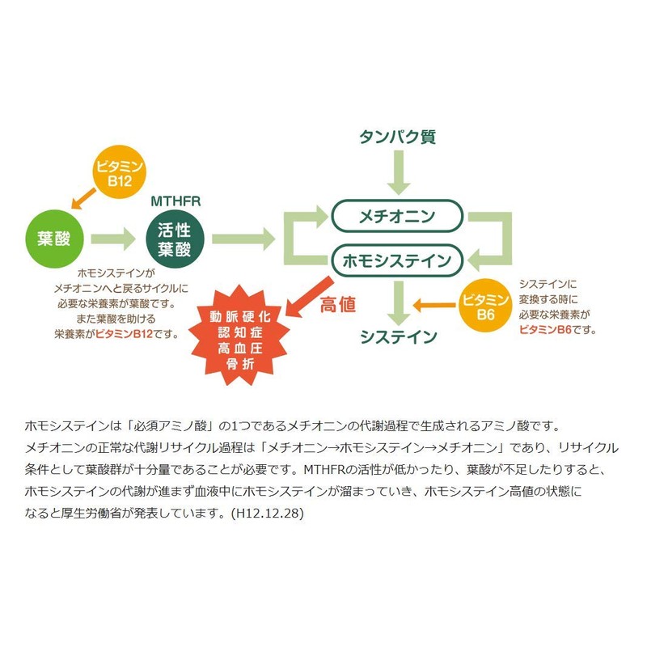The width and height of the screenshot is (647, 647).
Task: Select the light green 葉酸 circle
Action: point(54,239)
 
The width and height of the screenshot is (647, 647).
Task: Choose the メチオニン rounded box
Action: point(397,216)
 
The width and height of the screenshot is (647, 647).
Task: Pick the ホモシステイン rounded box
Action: point(397,260)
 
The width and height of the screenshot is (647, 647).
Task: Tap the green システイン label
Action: point(399,336)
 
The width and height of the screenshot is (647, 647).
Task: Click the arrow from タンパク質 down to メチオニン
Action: point(397,171)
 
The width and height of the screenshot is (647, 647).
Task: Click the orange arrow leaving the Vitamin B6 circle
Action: point(435,304)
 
